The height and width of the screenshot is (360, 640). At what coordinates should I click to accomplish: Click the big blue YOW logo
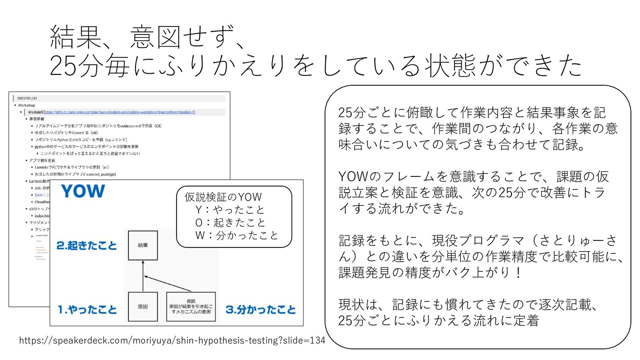83,191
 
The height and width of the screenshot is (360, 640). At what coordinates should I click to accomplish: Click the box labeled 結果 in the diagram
143,245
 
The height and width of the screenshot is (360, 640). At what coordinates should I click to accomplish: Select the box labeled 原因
143,307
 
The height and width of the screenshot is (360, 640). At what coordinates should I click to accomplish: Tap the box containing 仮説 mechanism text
191,307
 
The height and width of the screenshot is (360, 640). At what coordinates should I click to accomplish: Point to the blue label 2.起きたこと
87,246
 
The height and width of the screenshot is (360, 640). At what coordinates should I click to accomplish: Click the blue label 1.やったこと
87,310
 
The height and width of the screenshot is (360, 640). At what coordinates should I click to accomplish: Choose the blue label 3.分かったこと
261,310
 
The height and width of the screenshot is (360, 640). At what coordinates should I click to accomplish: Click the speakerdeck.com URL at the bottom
172,340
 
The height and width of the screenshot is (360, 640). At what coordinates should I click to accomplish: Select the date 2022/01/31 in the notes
27,98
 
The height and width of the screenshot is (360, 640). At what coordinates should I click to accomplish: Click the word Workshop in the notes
26,105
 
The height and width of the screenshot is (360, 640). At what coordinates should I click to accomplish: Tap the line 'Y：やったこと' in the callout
230,210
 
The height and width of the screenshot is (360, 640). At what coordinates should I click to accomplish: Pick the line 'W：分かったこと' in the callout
236,235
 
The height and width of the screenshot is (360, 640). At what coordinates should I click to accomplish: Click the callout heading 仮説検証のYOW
223,197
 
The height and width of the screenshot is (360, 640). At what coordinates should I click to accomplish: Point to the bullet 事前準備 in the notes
36,119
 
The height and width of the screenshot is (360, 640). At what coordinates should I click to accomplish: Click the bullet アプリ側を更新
42,160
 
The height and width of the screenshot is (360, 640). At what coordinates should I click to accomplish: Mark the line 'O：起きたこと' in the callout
230,222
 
